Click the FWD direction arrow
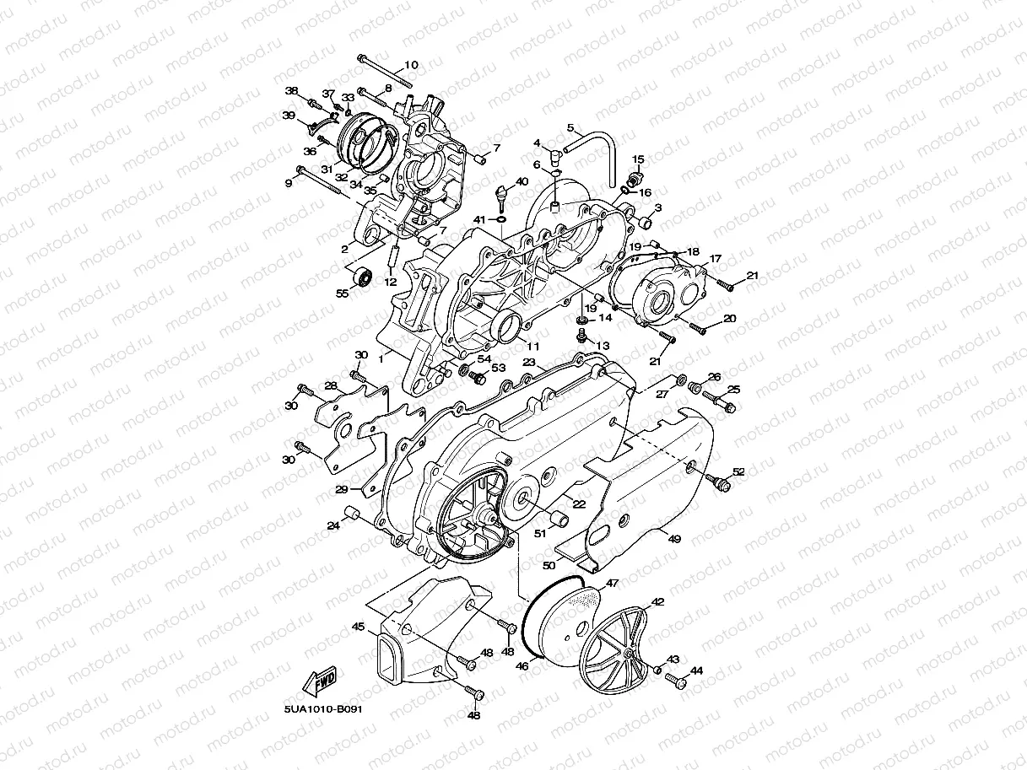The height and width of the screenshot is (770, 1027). tap(320, 680)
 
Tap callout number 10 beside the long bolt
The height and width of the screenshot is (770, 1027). tap(410, 65)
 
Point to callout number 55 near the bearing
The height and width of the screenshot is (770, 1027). tap(342, 293)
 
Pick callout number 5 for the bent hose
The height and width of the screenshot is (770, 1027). tap(570, 128)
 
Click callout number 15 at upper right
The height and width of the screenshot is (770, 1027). tap(638, 159)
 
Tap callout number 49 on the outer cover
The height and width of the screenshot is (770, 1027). tap(673, 537)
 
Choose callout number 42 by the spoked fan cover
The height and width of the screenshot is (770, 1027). tap(657, 602)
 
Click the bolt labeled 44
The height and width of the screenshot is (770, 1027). tap(674, 678)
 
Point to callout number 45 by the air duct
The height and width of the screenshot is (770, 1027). tap(358, 627)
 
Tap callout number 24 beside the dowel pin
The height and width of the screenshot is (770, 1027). tap(332, 525)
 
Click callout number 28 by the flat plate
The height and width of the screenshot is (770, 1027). tap(331, 385)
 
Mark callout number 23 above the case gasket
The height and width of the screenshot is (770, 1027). tap(529, 361)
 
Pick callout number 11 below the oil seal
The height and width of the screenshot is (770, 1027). tap(532, 346)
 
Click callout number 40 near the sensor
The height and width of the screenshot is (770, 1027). tap(522, 181)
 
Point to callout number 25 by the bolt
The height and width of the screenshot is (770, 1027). tap(733, 389)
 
